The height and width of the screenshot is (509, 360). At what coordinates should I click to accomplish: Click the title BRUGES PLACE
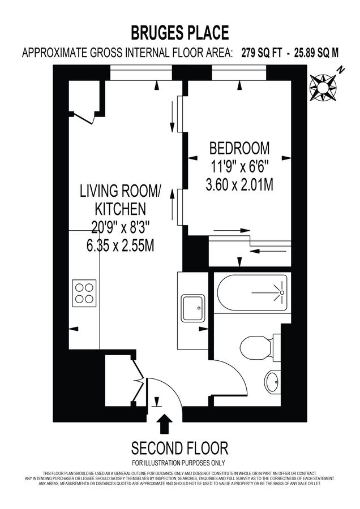coord(180,32)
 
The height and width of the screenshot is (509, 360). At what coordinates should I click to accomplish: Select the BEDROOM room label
coord(239,149)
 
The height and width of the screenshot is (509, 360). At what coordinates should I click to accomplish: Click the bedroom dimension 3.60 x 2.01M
coord(239,184)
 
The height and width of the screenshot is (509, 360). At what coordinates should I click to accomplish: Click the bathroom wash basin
coord(272,382)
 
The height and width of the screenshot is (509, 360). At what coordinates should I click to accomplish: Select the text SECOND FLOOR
coord(180,449)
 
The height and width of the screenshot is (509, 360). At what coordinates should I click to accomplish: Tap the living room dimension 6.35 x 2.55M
coord(120,246)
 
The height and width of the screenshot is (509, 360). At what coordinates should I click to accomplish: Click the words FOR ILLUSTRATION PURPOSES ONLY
coord(180,463)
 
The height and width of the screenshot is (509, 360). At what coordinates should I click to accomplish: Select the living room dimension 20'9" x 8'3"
coord(120,228)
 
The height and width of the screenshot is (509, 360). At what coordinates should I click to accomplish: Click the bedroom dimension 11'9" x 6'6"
coord(239,167)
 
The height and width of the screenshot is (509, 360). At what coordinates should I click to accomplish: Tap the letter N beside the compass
coord(341,70)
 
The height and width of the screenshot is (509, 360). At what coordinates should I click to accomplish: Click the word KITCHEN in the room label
coord(120,209)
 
